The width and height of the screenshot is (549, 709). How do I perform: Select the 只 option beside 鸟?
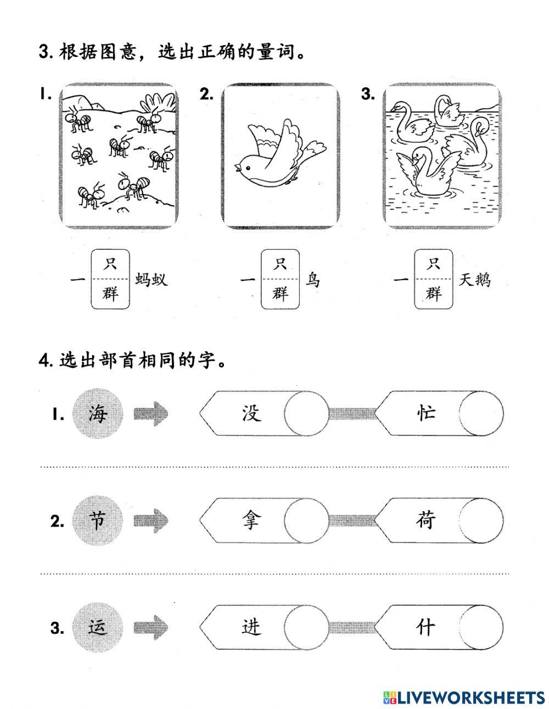pyautogui.click(x=280, y=264)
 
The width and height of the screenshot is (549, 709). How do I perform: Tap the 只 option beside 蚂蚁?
pyautogui.click(x=110, y=264)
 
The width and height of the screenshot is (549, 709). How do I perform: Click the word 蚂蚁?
pyautogui.click(x=151, y=280)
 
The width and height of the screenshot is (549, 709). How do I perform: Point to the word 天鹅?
pyautogui.click(x=475, y=280)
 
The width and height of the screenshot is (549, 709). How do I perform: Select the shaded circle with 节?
pyautogui.click(x=98, y=521)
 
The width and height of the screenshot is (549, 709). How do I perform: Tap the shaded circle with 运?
pyautogui.click(x=98, y=627)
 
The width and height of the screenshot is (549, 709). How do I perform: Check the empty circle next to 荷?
pyautogui.click(x=480, y=521)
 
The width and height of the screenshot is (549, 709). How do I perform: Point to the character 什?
pyautogui.click(x=425, y=627)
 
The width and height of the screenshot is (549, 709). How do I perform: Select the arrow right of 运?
pyautogui.click(x=150, y=627)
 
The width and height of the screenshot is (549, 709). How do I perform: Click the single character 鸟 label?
pyautogui.click(x=312, y=280)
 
